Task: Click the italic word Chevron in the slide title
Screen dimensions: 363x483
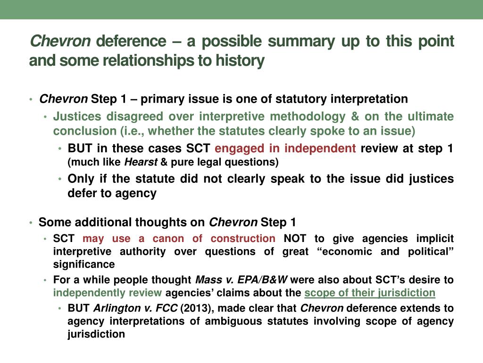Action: click(60, 42)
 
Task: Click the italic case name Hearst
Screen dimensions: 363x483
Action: click(141, 163)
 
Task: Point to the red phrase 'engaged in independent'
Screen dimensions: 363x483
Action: click(285, 148)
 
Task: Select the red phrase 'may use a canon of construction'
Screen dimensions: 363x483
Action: click(179, 239)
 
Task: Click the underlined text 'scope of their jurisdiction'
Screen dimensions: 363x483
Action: click(370, 293)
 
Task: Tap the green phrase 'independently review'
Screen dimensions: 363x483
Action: click(108, 293)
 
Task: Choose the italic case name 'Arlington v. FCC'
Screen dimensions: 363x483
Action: click(136, 309)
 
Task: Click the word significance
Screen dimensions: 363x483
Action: click(84, 264)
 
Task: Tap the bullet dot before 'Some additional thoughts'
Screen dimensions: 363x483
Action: click(31, 223)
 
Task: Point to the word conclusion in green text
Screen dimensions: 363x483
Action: click(81, 130)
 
